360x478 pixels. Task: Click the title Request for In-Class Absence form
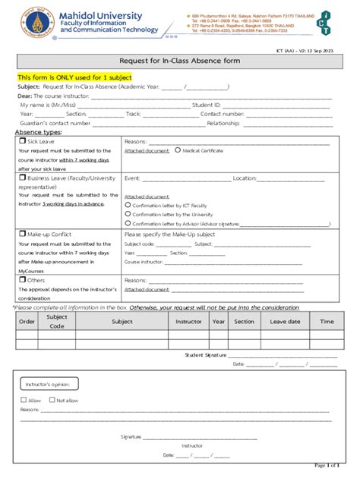(x=179, y=61)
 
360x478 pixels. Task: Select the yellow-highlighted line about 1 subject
(x=75, y=77)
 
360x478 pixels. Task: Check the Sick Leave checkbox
(x=22, y=141)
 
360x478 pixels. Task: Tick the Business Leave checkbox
(x=22, y=178)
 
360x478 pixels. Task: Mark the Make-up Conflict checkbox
(x=22, y=234)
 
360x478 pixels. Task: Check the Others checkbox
(x=22, y=280)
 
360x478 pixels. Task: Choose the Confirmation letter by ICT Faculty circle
(x=127, y=205)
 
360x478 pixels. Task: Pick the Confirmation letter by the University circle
(x=127, y=214)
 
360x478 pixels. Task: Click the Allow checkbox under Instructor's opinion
(x=24, y=400)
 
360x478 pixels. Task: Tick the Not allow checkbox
(x=52, y=400)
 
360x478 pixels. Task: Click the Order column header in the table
(x=27, y=321)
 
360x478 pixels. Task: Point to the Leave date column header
(x=285, y=321)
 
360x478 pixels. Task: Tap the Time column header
(x=327, y=321)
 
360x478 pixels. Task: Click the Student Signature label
(x=205, y=354)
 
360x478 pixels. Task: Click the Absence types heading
(x=39, y=131)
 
